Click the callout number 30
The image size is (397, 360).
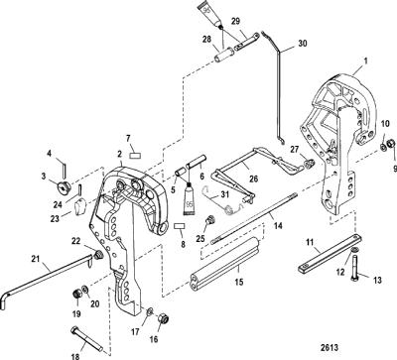pyautogui.click(x=303, y=44)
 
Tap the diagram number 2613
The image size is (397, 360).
pyautogui.click(x=330, y=347)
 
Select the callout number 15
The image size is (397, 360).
pyautogui.click(x=239, y=282)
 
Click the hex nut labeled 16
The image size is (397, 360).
pyautogui.click(x=164, y=318)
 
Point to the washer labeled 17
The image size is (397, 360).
pyautogui.click(x=150, y=310)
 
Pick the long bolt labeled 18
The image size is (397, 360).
pyautogui.click(x=86, y=339)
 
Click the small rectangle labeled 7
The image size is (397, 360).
pyautogui.click(x=136, y=155)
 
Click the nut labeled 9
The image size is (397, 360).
pyautogui.click(x=390, y=144)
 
